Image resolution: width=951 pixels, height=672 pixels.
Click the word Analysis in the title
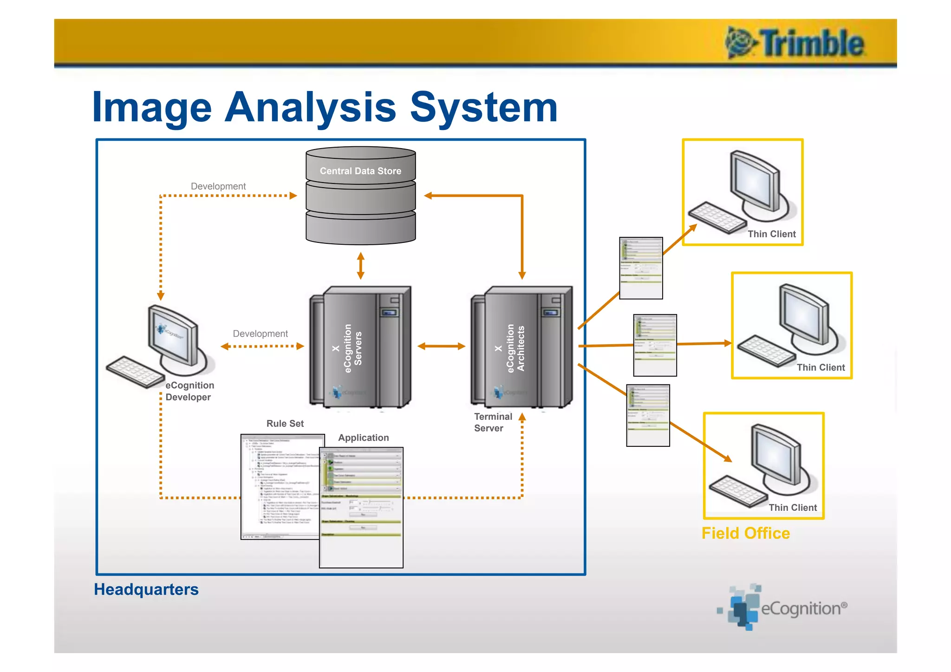[310, 108]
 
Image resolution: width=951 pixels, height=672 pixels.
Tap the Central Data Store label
[360, 171]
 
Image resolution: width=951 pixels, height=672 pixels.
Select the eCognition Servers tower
[360, 347]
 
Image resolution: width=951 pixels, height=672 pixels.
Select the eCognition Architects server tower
[522, 347]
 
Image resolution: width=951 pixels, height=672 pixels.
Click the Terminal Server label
[492, 422]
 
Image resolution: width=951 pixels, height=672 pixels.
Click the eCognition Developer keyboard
[135, 372]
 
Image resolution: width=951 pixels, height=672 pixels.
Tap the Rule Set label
[285, 424]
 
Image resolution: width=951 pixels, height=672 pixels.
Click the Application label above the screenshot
[363, 437]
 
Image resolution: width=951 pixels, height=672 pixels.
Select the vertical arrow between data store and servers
[361, 266]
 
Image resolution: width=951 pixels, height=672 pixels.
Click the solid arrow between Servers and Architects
[441, 346]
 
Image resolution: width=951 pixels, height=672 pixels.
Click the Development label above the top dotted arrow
[218, 186]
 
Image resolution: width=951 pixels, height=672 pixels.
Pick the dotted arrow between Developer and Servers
[262, 346]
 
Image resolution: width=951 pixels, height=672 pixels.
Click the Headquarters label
[146, 589]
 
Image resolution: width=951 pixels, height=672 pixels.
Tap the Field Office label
[745, 533]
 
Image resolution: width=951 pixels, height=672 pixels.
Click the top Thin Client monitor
[754, 183]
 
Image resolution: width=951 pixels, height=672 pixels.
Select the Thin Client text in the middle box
[821, 367]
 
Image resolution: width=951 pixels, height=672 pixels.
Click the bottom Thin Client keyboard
[737, 490]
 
